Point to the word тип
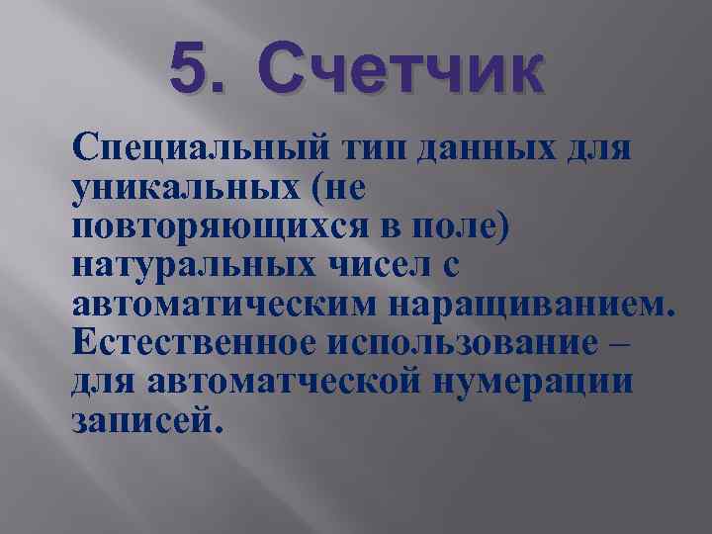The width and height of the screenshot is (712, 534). (x=375, y=152)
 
